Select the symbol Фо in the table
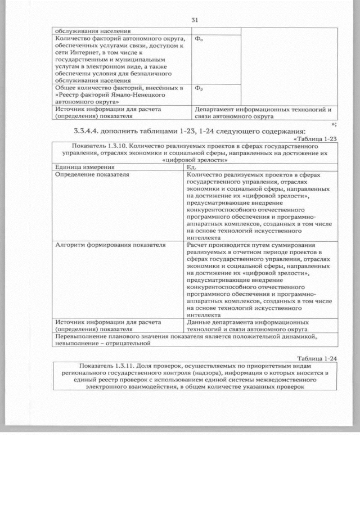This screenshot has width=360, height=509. (199, 39)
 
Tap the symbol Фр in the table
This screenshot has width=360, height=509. (199, 88)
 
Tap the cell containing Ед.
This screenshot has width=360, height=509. (191, 167)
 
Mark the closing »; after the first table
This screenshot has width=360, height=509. (334, 123)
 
